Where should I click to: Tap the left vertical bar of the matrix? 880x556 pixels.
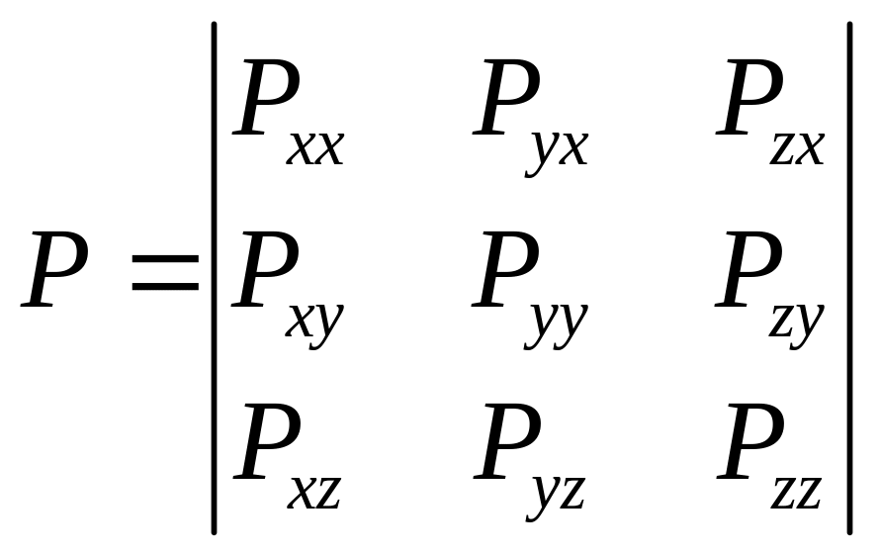click(x=214, y=277)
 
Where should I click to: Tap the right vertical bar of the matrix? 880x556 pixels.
click(x=849, y=277)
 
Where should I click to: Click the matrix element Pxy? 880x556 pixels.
click(x=287, y=282)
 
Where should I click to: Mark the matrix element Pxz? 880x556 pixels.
click(x=287, y=455)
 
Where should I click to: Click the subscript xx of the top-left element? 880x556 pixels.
click(x=316, y=147)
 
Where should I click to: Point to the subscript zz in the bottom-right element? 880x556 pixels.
click(x=797, y=492)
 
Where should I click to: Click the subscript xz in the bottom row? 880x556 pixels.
click(x=315, y=492)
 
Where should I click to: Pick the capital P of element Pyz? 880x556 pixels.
click(x=506, y=440)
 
